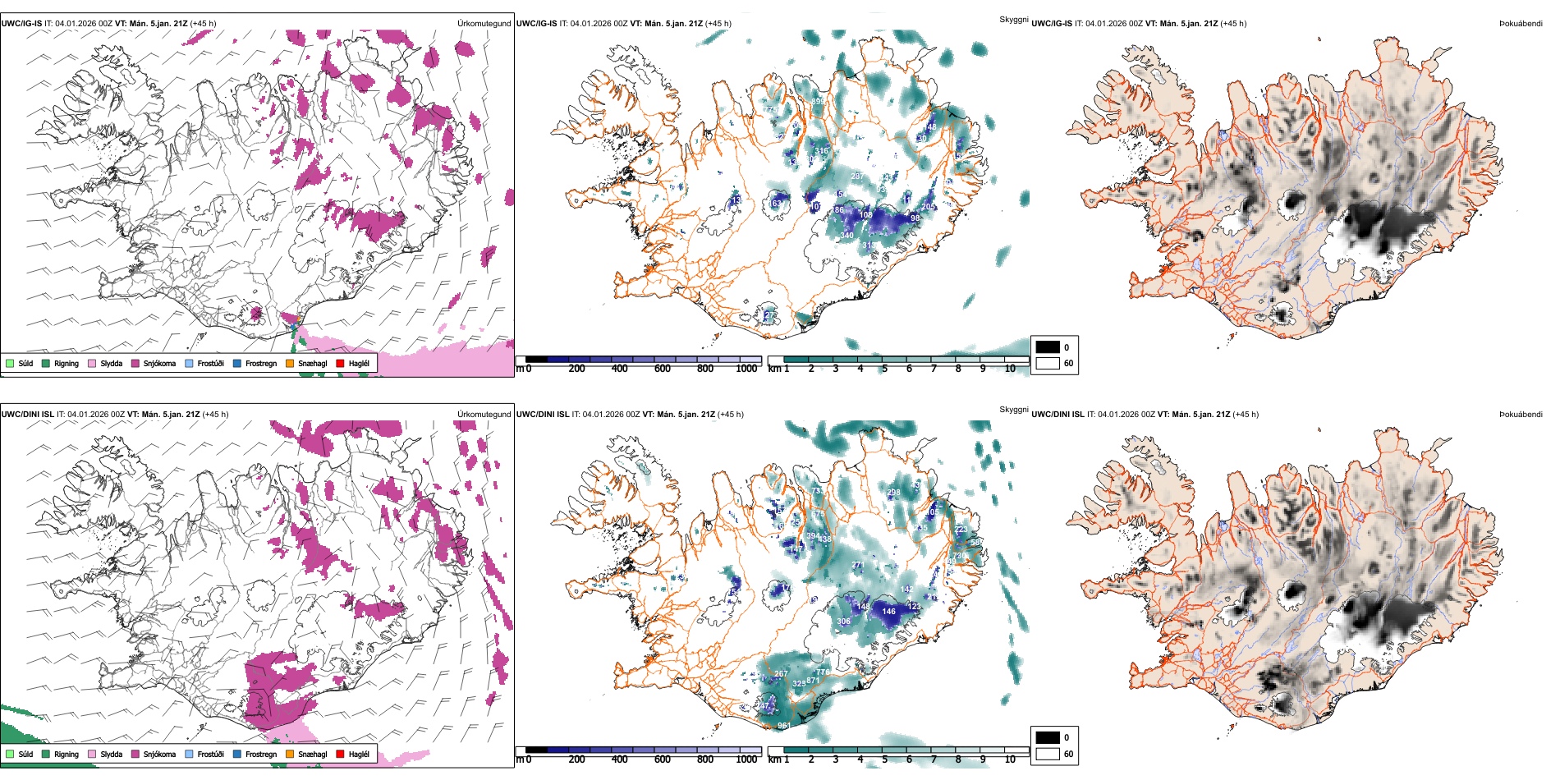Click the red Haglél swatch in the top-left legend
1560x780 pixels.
click(340, 363)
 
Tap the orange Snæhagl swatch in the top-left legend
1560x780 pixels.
click(290, 363)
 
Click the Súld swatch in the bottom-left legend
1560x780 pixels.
click(10, 754)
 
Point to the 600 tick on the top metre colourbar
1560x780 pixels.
click(662, 369)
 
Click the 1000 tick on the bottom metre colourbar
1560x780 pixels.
click(746, 759)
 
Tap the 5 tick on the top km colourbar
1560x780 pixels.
click(884, 369)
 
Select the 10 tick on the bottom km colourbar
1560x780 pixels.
click(1010, 759)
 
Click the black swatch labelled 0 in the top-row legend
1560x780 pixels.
click(1048, 347)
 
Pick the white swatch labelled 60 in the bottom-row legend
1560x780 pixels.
click(1048, 754)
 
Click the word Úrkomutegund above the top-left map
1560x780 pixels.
click(484, 23)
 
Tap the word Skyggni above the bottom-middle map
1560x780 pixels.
click(1013, 410)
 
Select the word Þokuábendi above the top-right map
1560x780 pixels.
click(1521, 23)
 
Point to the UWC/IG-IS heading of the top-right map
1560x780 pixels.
click(1051, 23)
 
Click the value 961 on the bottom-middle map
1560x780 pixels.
click(784, 726)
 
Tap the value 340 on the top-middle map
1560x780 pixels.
click(847, 236)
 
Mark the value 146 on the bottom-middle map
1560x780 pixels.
click(888, 611)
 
